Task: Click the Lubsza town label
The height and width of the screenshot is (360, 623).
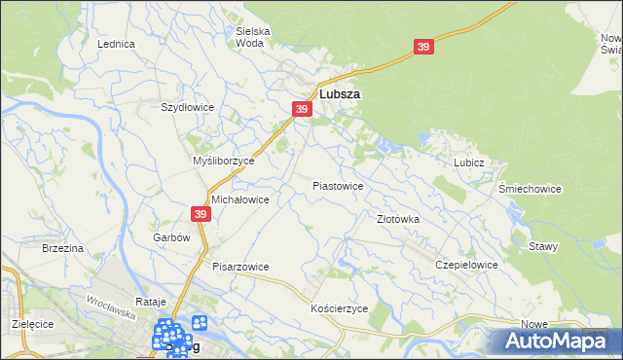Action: (x=341, y=94)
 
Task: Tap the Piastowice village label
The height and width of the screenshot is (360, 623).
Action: (x=338, y=185)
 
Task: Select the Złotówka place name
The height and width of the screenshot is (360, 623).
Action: (x=398, y=220)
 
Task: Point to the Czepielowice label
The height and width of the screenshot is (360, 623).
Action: (x=467, y=265)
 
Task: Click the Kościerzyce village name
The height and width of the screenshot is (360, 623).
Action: (x=338, y=307)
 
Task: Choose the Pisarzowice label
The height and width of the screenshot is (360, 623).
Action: (x=240, y=266)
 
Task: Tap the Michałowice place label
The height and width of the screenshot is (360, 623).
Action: (x=240, y=198)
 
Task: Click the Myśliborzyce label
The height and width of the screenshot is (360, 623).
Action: (x=224, y=161)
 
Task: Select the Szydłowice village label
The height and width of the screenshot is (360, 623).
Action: (x=187, y=107)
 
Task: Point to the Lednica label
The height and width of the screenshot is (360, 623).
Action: (x=116, y=45)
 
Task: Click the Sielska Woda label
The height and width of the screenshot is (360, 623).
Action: (x=253, y=37)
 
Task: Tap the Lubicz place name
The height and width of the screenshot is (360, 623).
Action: (x=468, y=163)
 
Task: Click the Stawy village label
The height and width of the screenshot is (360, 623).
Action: (x=543, y=246)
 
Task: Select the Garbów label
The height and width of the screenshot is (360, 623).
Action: (x=170, y=236)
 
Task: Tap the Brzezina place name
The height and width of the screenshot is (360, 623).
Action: (x=63, y=249)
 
